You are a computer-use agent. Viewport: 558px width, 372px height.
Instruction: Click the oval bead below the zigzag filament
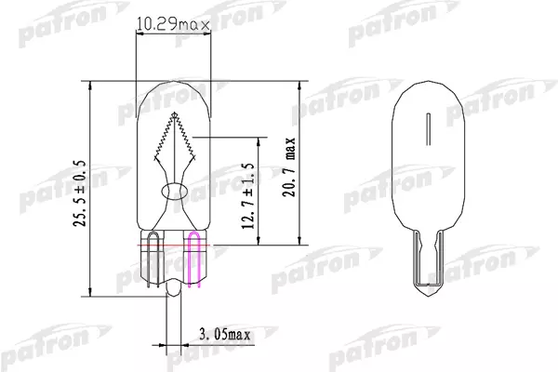pyautogui.click(x=173, y=191)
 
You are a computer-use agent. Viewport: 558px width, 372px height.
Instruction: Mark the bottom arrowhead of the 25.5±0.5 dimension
pyautogui.click(x=89, y=288)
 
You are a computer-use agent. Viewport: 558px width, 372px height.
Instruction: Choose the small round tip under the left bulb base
pyautogui.click(x=173, y=291)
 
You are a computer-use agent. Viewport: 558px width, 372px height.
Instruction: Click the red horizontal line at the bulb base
pyautogui.click(x=172, y=246)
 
